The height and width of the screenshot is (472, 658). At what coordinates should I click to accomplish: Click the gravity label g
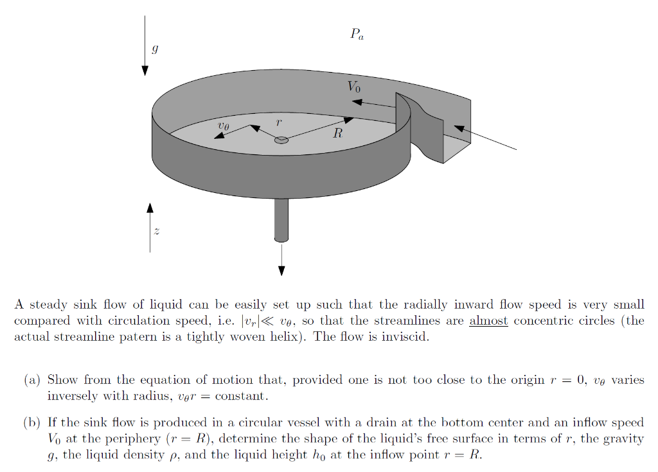[x=154, y=48]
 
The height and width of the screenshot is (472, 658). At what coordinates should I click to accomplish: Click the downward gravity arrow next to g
[x=145, y=45]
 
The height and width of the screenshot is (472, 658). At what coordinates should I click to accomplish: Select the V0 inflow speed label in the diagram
[x=354, y=86]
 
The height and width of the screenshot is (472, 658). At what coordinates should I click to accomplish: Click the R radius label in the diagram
[x=337, y=134]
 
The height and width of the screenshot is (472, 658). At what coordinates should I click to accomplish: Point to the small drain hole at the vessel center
[x=281, y=140]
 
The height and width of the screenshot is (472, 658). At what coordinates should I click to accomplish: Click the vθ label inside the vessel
[x=223, y=127]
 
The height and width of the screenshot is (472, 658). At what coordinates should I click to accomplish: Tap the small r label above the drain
[x=278, y=122]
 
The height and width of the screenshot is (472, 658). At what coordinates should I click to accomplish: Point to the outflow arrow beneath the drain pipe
[x=281, y=260]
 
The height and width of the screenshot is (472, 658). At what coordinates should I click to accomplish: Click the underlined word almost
[x=488, y=321]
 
